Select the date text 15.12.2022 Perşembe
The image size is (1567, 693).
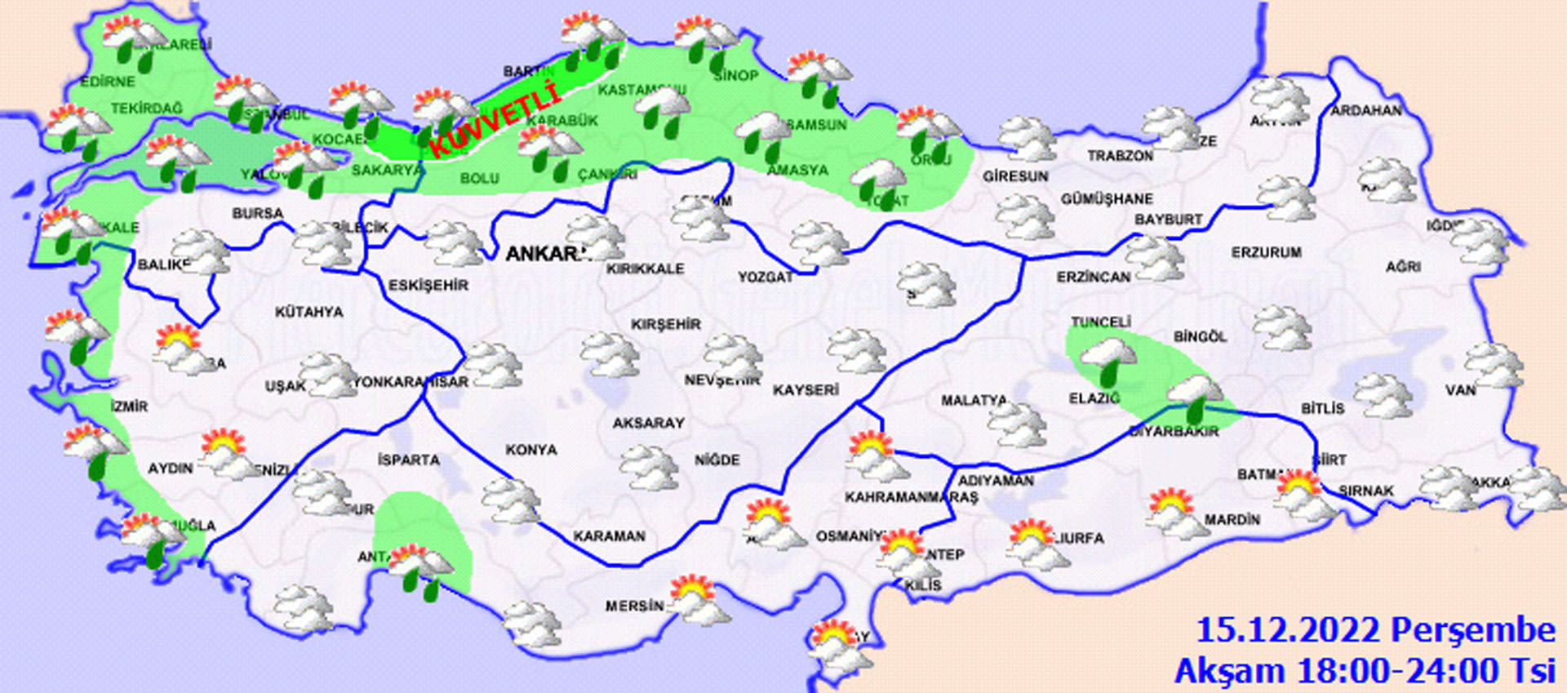pos(1375,630)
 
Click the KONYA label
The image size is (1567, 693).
pos(530,450)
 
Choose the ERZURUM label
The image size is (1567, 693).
pos(1266,253)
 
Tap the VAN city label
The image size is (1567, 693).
pos(1460,390)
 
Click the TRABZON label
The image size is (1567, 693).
pos(1120,155)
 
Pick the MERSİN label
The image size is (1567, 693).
pos(634,606)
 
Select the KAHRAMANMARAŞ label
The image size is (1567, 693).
pos(911,497)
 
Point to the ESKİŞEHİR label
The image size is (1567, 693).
pos(428,285)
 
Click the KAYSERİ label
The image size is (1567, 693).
pos(806,390)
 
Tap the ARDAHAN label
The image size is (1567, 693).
pos(1365,110)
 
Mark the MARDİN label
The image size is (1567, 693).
pos(1232,519)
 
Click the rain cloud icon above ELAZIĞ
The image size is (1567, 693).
pos(1107,360)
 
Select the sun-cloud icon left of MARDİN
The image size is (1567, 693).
pos(1174,512)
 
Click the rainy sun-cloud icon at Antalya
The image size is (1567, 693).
pos(419,570)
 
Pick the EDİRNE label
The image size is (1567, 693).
pos(107,82)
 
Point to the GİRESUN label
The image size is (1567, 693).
pos(1015,175)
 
